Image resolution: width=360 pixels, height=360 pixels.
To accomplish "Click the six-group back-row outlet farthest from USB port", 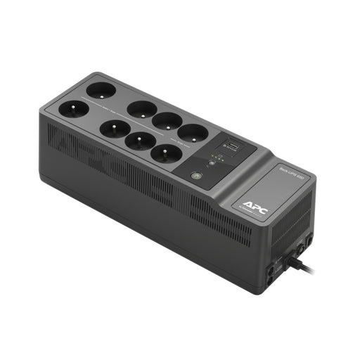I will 142,108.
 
